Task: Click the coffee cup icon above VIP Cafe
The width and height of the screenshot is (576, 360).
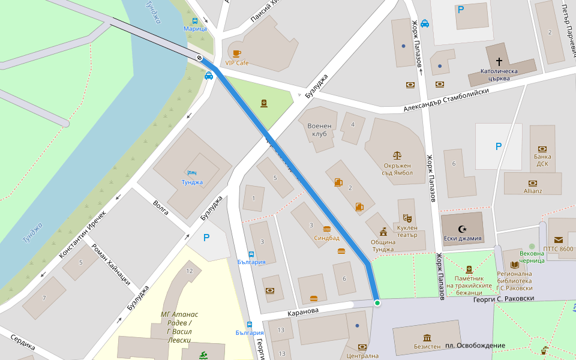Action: coord(236,53)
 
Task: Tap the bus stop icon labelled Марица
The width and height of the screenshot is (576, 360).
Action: coord(195,20)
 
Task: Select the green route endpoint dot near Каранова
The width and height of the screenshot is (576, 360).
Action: coord(377,303)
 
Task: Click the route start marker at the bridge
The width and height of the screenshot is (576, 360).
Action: coord(199,58)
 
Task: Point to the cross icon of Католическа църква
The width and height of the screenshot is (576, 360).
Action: coord(499,61)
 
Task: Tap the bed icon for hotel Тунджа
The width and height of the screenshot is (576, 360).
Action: coord(192,173)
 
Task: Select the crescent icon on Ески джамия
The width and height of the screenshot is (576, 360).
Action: coord(461,229)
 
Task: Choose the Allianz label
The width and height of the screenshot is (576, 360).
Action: coord(532,191)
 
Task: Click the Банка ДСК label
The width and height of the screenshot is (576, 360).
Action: coord(542,160)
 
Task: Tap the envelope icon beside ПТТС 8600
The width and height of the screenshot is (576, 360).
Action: coord(559,240)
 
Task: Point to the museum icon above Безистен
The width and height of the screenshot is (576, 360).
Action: coord(427,337)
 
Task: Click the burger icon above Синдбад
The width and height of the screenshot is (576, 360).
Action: coord(326,229)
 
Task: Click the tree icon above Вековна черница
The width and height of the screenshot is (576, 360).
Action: coord(532,246)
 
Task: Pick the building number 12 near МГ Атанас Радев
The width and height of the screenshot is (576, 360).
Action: coord(190,271)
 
